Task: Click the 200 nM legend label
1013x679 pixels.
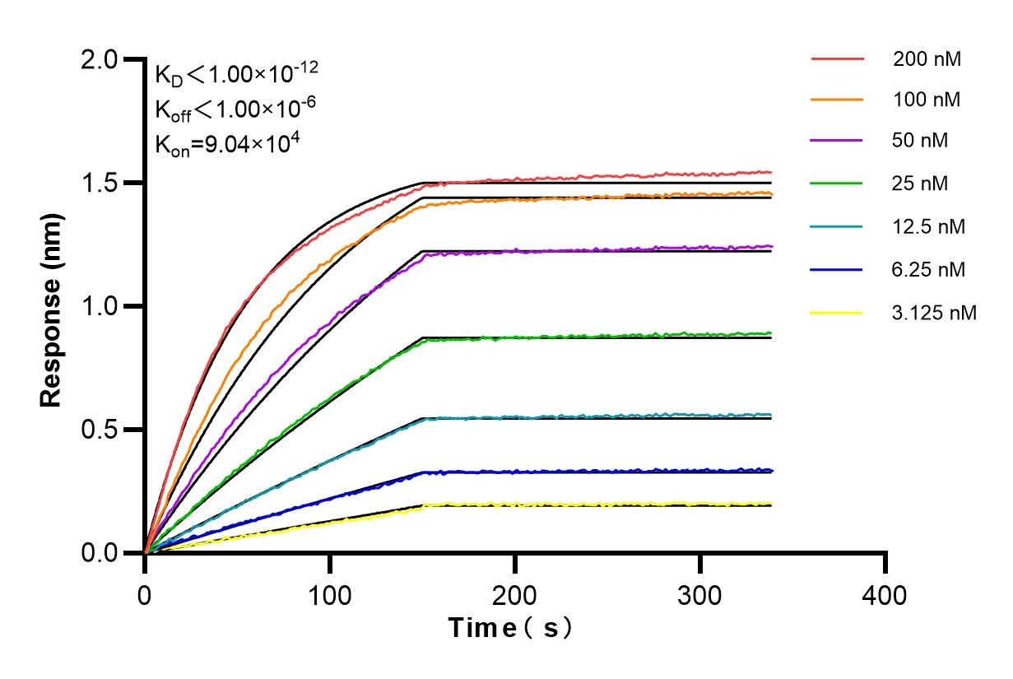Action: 927,59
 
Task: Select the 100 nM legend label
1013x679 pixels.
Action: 927,100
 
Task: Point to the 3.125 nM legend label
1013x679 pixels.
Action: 934,313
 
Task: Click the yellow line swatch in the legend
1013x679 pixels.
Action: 837,313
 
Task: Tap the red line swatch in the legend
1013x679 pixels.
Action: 837,59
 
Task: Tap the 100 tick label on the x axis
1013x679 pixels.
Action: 330,594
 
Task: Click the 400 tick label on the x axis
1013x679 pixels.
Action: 885,594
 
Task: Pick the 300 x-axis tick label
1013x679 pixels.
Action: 700,594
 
